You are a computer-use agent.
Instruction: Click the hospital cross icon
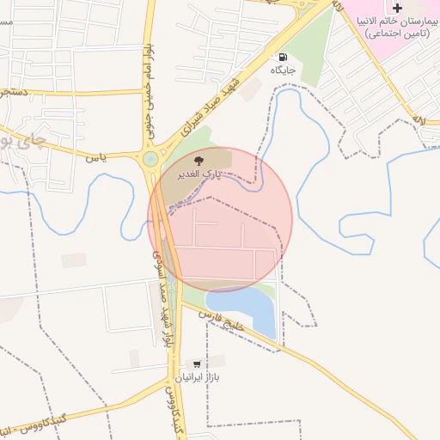(397, 8)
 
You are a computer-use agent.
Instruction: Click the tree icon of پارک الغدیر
(199, 160)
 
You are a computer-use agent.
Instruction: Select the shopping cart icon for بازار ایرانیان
(199, 364)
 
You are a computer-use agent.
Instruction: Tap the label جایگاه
(284, 69)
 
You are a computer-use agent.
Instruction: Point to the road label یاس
(96, 158)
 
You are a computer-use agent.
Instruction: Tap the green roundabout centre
(151, 159)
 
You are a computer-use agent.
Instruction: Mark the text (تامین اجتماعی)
(397, 34)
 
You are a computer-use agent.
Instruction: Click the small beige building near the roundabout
(74, 260)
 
